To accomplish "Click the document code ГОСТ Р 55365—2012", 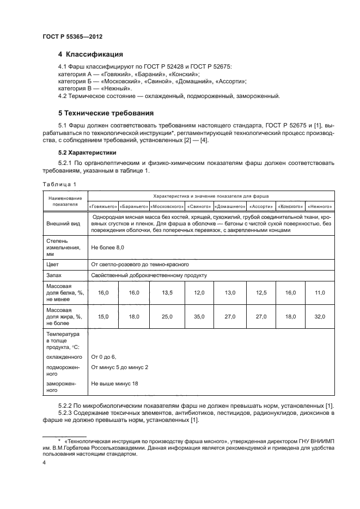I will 72,36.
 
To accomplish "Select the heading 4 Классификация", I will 90,54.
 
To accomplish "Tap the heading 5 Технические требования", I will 106,113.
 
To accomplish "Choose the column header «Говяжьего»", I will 102,206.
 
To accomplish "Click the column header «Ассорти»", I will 261,206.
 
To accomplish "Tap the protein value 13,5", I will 166,293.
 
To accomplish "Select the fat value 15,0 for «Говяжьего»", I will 103,316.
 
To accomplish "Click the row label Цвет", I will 52,264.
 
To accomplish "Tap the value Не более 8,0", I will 108,247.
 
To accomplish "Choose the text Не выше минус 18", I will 115,383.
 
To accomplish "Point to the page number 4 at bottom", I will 44,463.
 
